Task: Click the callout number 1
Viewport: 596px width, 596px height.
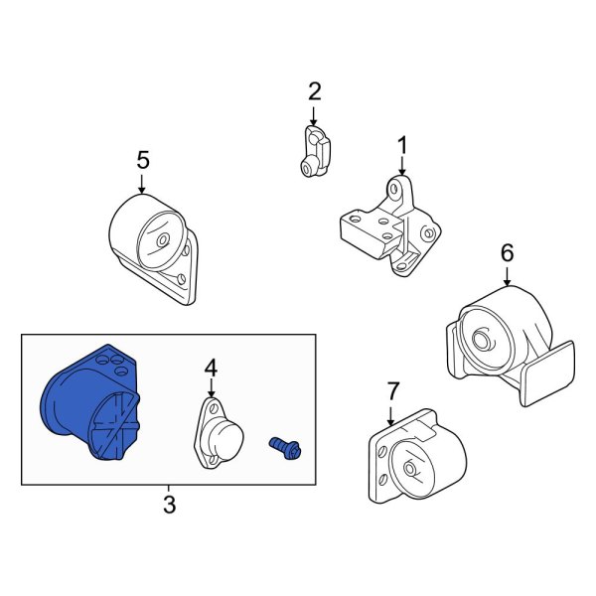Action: coord(402,146)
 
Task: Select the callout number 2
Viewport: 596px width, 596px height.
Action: coord(315,92)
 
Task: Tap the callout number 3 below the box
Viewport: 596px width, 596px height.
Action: coord(169,505)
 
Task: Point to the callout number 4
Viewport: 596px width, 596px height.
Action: coord(211,369)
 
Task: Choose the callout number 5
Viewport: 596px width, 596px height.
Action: coord(142,159)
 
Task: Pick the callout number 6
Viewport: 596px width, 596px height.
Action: coord(507,253)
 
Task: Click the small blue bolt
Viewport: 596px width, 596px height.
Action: coord(286,446)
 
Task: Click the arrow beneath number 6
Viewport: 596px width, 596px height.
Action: coord(507,277)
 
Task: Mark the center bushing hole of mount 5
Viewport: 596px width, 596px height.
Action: coord(161,241)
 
